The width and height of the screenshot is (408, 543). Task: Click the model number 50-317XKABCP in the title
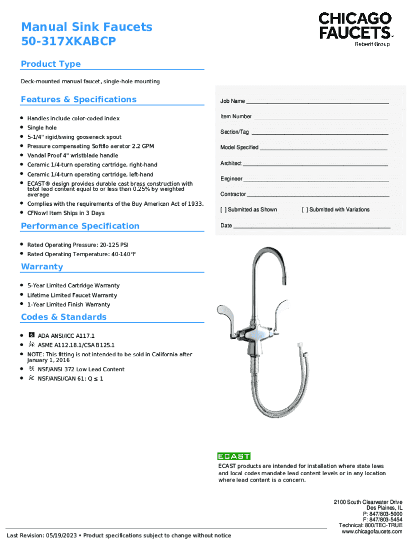tap(68, 41)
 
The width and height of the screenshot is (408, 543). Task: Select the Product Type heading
tap(51, 64)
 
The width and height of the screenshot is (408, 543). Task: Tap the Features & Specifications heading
tap(78, 100)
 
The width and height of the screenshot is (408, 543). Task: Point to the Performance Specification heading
tap(80, 226)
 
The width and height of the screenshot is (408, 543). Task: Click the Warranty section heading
tap(42, 267)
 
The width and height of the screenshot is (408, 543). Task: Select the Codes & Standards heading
tap(64, 317)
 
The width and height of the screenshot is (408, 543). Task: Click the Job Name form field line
tap(317, 102)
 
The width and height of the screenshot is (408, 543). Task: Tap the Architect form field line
tap(315, 164)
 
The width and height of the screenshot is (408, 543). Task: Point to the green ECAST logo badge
tap(234, 456)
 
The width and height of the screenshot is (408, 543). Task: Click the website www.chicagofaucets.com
tap(372, 531)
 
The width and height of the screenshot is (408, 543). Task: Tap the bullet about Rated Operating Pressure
tap(78, 245)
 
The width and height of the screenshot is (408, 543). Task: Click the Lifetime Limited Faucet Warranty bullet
tap(72, 295)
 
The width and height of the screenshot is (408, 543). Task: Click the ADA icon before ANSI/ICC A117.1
tap(32, 336)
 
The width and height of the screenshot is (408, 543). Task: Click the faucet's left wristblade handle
tap(223, 313)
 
